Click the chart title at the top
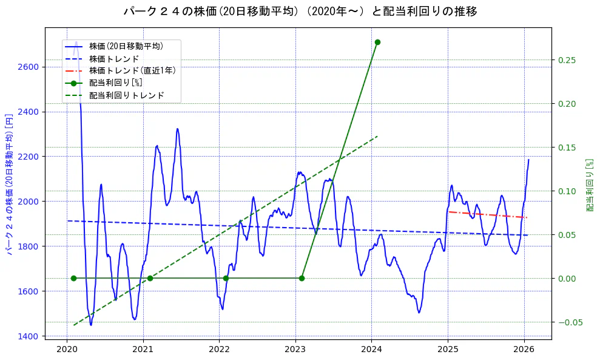pos(300,11)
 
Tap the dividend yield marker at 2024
pos(377,42)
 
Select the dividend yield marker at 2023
pos(302,278)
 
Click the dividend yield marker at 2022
pos(226,278)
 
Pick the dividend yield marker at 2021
pos(150,278)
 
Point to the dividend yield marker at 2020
pos(73,278)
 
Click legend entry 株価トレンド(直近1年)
pos(132,70)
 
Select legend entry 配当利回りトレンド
pos(126,95)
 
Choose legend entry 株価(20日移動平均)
pos(126,46)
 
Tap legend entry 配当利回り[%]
pos(115,83)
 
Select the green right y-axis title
pos(589,185)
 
